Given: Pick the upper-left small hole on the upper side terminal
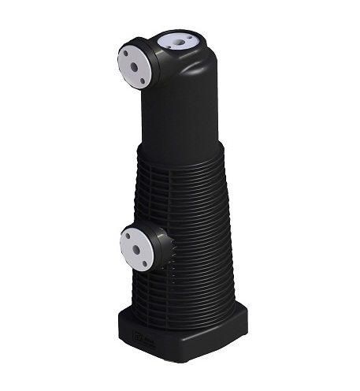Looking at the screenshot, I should pos(124,54).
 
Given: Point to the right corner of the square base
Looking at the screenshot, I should pos(247,314).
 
